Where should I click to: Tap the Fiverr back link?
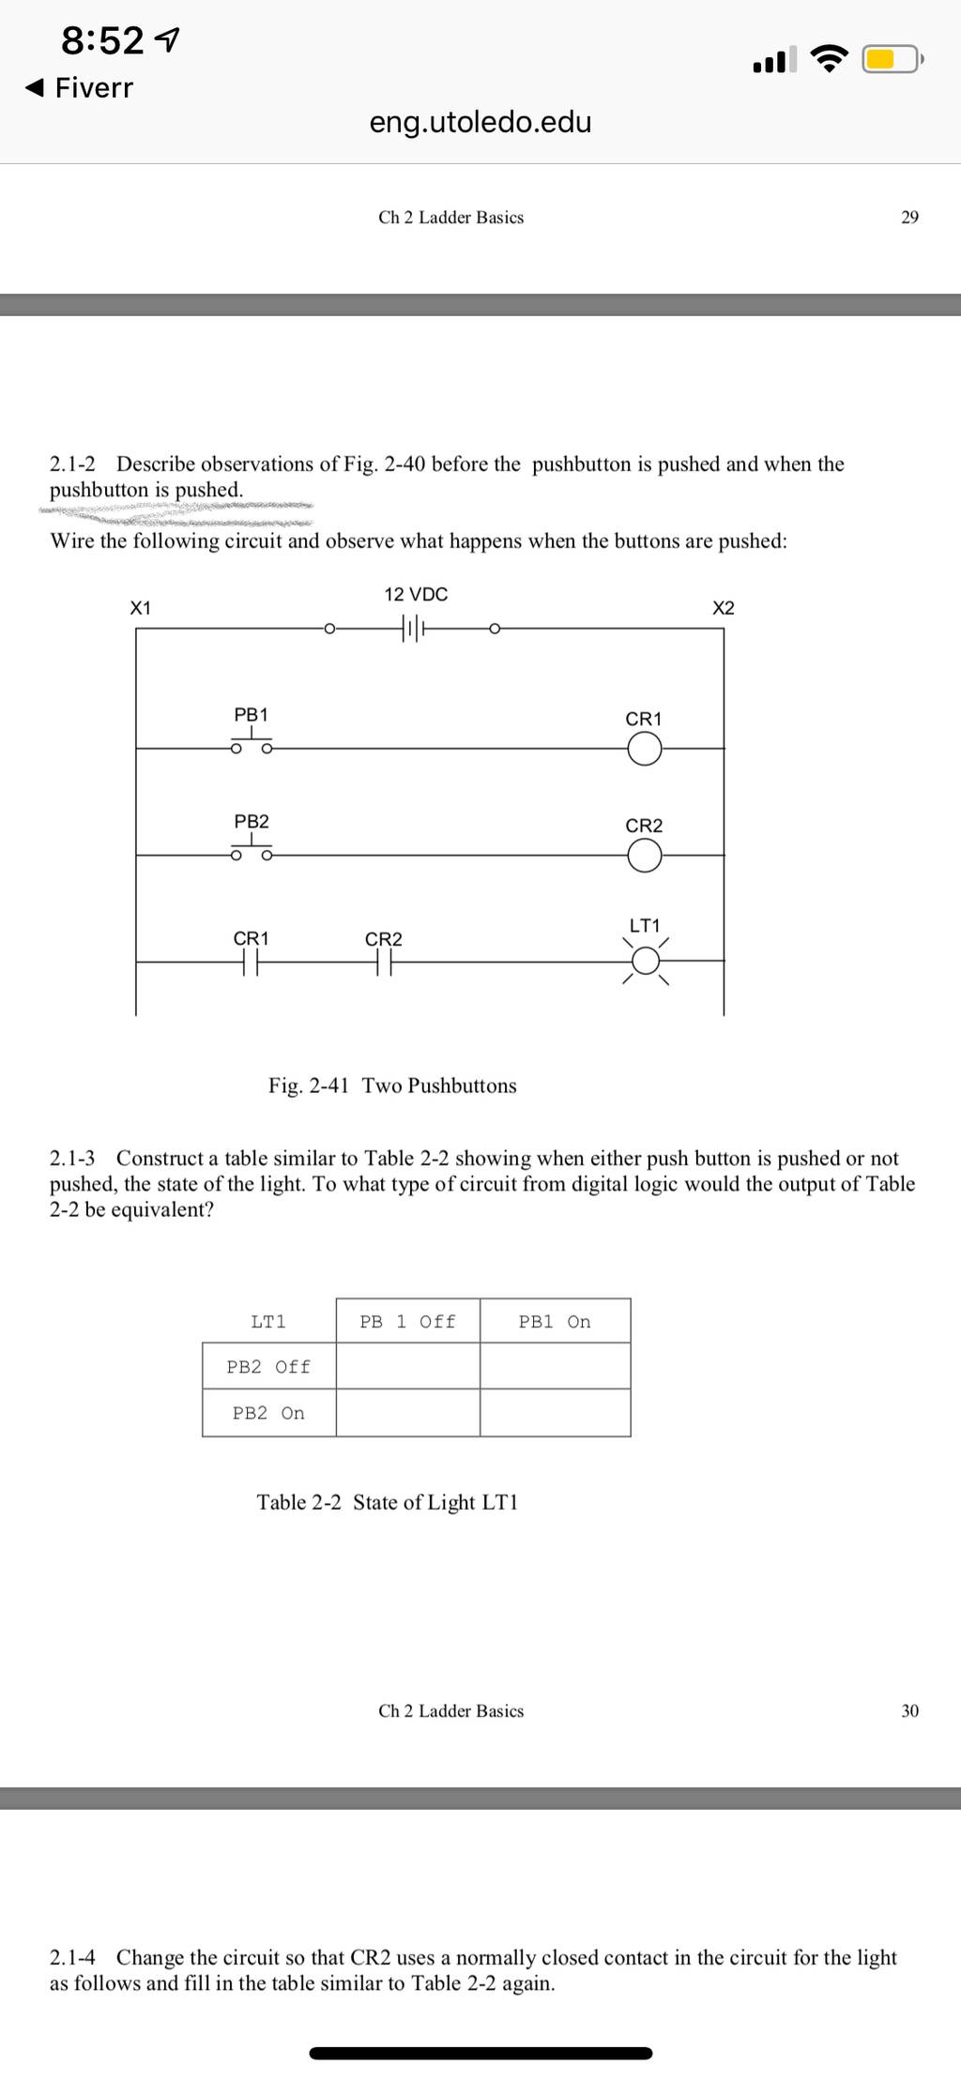79,88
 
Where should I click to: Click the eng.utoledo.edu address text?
480,122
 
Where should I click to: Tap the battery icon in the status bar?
893,60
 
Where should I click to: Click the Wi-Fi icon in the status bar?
827,59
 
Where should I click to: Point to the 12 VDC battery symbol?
414,628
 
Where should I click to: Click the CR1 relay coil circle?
644,749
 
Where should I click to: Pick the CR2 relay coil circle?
644,856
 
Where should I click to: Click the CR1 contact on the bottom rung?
250,962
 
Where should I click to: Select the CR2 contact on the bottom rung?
383,962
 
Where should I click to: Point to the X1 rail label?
140,608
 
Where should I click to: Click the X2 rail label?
724,608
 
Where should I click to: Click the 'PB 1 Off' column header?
408,1322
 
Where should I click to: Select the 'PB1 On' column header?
555,1322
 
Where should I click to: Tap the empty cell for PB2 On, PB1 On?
556,1413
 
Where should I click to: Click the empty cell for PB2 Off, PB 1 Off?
408,1366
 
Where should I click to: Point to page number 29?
910,218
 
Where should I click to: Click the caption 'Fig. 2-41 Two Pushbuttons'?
392,1086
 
